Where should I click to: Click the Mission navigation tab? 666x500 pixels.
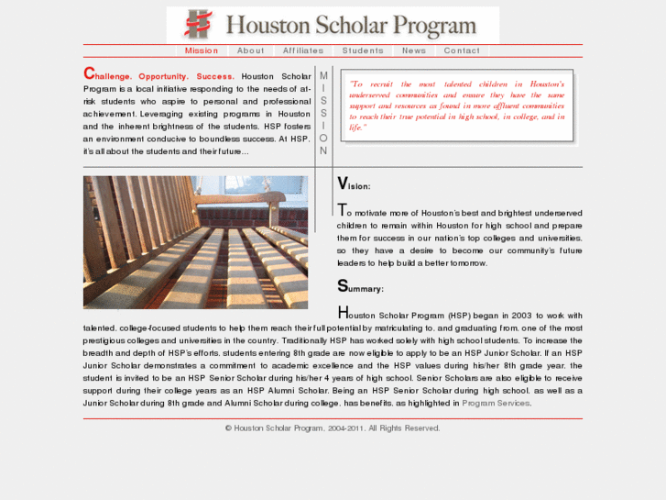click(202, 50)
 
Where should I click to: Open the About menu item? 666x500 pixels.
click(250, 50)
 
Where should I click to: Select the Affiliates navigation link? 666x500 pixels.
click(303, 50)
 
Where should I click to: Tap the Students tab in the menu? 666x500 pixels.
click(363, 50)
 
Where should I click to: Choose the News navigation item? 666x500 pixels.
click(414, 50)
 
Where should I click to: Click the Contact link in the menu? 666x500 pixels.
click(462, 50)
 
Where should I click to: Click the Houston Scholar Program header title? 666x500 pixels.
click(351, 25)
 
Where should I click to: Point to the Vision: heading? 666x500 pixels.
click(354, 185)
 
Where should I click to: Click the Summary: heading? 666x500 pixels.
click(360, 287)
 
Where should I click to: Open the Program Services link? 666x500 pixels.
click(496, 403)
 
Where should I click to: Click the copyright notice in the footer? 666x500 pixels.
click(333, 428)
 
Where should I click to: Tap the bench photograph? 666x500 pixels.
click(195, 242)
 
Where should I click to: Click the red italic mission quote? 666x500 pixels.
click(456, 106)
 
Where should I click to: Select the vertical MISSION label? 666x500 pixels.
click(323, 113)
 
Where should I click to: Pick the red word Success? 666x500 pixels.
click(215, 76)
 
